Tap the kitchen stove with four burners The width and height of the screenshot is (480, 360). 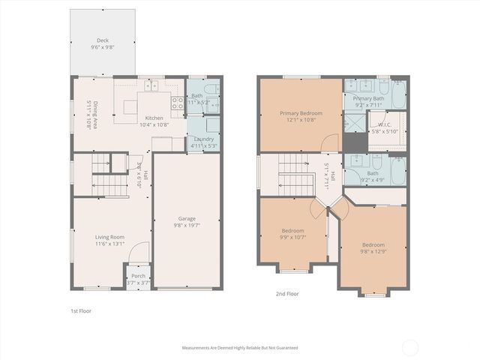coord(178,103)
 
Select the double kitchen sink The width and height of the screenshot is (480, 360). coord(151,86)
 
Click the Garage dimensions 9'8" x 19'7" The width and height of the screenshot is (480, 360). coord(187,224)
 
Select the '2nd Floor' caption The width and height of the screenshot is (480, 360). coord(286,294)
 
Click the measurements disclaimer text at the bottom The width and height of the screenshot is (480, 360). coord(239,348)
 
